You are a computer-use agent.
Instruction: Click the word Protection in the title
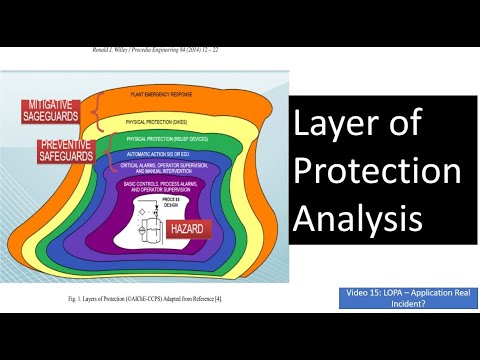[375, 171]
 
